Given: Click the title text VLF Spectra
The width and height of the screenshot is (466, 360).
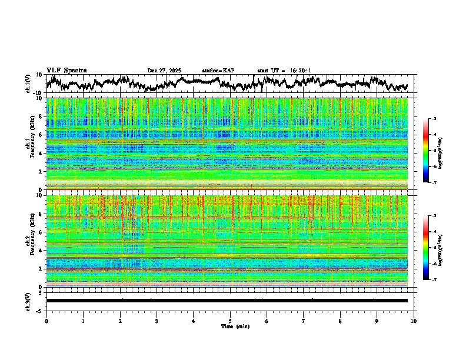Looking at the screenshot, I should point(66,71).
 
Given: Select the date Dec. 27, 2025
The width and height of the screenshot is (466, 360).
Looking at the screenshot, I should point(164,71).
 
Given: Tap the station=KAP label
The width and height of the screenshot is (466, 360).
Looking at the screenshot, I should point(218,71).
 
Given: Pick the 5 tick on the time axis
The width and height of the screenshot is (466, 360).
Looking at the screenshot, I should point(230,321).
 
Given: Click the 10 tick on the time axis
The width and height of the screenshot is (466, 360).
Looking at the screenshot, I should point(414,321).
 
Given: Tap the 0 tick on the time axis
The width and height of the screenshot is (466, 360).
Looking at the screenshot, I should point(46,321).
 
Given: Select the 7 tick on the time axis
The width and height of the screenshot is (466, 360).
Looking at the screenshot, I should point(304,321).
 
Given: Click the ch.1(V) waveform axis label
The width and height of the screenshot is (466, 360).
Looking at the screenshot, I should point(28,84).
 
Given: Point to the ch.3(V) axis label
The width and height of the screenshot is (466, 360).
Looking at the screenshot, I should point(28,301).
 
